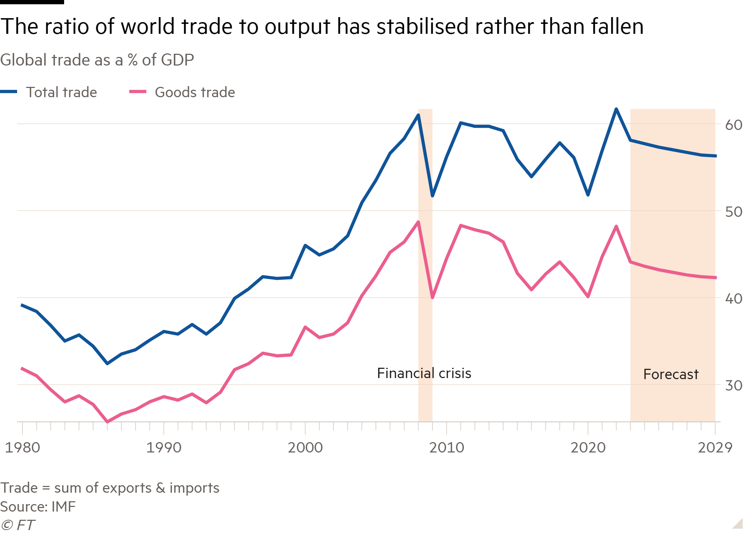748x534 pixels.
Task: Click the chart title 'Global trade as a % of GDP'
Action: (x=97, y=60)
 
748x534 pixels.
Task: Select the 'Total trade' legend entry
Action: (x=61, y=92)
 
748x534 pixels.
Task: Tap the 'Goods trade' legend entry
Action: (x=194, y=92)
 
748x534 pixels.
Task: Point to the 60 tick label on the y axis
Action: (x=733, y=125)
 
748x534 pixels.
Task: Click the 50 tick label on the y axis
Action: (x=733, y=212)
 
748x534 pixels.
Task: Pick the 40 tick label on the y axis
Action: (x=733, y=299)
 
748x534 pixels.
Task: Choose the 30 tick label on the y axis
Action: (x=733, y=386)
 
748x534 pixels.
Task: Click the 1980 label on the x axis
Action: (x=22, y=447)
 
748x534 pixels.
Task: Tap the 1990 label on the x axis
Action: (x=164, y=447)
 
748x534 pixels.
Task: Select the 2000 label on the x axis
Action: (x=305, y=447)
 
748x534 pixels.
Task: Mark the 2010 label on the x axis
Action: (x=447, y=447)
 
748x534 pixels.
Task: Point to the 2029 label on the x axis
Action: (x=715, y=447)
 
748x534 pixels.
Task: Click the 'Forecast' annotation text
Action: (x=671, y=374)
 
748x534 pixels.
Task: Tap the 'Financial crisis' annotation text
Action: (x=424, y=373)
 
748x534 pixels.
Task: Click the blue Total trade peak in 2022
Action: (x=616, y=109)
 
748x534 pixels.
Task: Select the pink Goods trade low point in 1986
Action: (x=107, y=422)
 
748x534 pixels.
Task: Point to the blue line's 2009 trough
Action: (x=432, y=196)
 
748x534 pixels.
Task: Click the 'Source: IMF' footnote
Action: (x=38, y=507)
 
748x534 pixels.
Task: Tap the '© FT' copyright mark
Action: (x=18, y=525)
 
